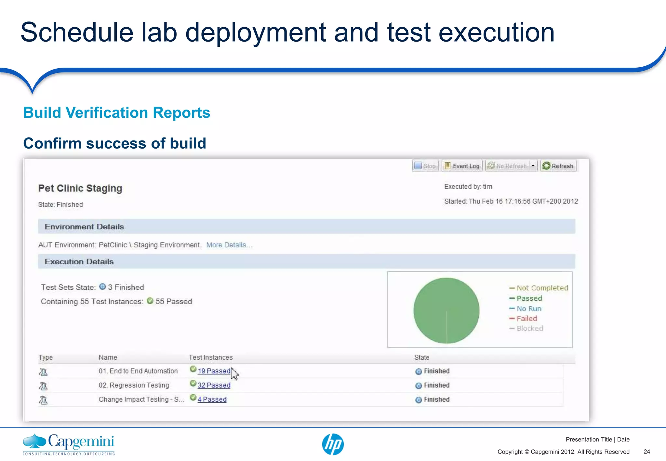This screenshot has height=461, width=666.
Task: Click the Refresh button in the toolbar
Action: (x=558, y=166)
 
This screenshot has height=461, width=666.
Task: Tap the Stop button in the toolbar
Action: (x=425, y=166)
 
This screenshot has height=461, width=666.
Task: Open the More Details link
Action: (x=229, y=245)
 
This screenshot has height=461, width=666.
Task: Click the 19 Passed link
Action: (x=214, y=371)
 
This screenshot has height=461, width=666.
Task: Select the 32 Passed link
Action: (x=214, y=385)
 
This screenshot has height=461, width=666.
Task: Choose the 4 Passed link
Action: (x=212, y=399)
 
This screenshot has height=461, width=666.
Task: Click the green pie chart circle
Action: (x=446, y=310)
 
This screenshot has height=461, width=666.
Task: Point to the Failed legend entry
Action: (x=526, y=319)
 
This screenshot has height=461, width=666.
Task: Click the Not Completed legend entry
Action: (x=542, y=288)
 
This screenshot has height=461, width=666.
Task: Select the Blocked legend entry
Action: (x=529, y=328)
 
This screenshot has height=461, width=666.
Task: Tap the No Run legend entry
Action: (x=529, y=309)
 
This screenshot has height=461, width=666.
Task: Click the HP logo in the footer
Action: (x=333, y=444)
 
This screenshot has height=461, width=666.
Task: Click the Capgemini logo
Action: (x=69, y=444)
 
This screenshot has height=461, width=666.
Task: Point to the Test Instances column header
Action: (x=211, y=357)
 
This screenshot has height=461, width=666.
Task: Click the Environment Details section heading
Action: (x=85, y=227)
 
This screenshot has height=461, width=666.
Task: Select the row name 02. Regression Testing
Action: (x=134, y=385)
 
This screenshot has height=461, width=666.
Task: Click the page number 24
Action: (x=646, y=452)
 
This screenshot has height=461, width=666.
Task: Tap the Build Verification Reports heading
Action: (x=116, y=113)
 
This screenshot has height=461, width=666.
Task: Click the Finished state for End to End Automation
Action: (x=436, y=371)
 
